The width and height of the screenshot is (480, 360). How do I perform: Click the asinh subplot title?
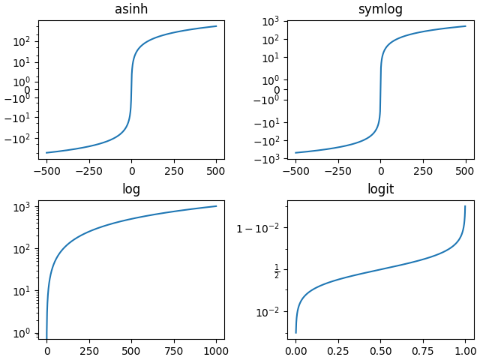coord(131,9)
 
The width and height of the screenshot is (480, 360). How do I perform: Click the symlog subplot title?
coord(380,9)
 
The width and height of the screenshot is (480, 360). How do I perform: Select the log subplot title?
coord(131,189)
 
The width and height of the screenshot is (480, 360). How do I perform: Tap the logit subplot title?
coord(380,189)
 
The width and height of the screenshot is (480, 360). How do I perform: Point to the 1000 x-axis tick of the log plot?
coord(216,350)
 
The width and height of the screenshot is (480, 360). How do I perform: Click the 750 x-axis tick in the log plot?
coord(173,350)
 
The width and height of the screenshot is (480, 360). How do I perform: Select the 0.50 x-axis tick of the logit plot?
coord(380,350)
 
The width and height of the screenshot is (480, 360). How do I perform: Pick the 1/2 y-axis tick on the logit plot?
coord(277,269)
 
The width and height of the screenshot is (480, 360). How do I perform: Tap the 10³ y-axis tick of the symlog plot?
coord(270,21)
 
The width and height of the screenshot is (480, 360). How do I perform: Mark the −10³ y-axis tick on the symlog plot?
coord(267,158)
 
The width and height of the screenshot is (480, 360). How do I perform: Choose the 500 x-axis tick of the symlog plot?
coord(466,170)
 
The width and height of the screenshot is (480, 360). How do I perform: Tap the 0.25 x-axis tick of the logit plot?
coord(338,350)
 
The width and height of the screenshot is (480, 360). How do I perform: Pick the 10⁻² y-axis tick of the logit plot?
coord(267,311)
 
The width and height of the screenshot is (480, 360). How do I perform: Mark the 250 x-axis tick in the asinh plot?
coord(174,170)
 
